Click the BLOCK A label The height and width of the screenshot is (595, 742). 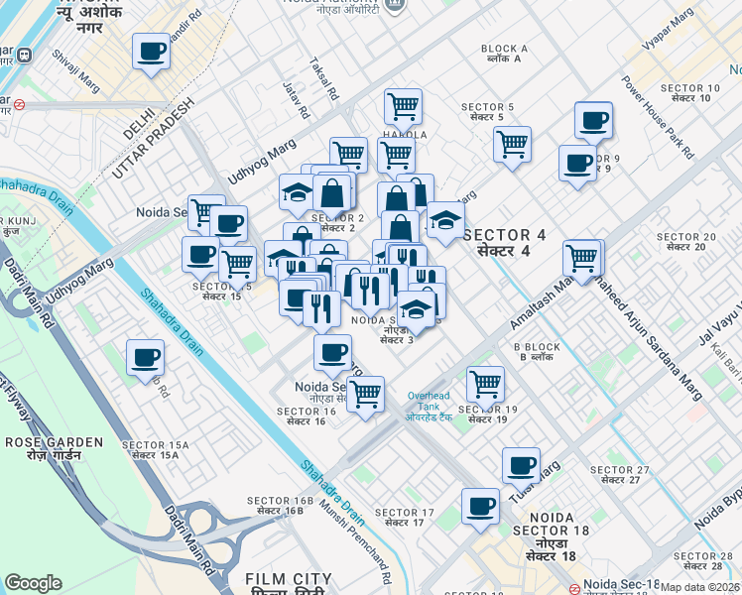pos(504,54)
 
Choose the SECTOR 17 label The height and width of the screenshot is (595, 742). pos(410,517)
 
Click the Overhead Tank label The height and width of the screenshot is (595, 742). pos(430,408)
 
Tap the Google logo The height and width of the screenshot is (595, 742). pos(33,583)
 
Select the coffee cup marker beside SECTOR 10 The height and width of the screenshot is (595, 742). pos(593,120)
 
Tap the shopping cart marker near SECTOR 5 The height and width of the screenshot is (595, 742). pos(513,143)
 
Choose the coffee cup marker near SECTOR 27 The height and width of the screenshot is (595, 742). pos(521,464)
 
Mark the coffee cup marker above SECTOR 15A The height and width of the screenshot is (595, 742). pos(145,356)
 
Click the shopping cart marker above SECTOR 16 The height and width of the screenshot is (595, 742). pos(366,393)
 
